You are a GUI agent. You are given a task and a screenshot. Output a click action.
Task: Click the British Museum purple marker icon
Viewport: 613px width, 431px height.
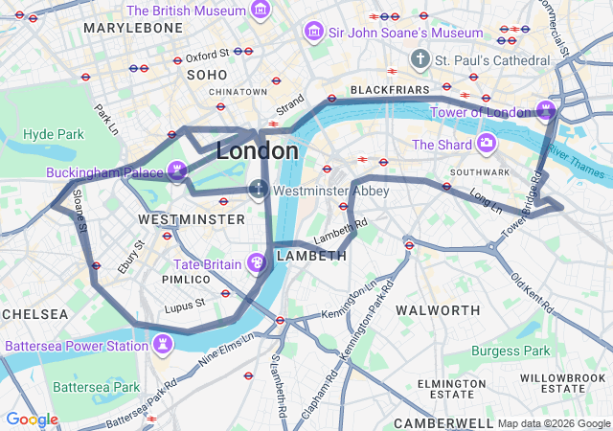[x=260, y=11]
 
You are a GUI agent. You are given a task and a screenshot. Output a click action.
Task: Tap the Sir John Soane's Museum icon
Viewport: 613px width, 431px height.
[x=312, y=33]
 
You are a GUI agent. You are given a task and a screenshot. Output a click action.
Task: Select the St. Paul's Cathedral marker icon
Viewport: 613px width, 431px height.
[x=420, y=60]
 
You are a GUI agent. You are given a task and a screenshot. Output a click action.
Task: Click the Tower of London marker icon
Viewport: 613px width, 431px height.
[x=546, y=111]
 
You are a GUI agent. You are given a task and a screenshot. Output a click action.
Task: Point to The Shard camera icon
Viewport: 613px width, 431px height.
[x=487, y=145]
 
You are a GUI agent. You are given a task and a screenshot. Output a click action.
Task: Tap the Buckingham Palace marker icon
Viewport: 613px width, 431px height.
[x=177, y=172]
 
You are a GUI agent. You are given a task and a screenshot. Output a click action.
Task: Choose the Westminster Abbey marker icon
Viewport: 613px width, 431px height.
[x=259, y=190]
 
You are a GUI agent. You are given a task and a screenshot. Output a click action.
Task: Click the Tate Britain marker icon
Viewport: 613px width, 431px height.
[x=256, y=262]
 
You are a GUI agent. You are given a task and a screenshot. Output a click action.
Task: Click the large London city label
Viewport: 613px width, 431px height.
[x=257, y=151]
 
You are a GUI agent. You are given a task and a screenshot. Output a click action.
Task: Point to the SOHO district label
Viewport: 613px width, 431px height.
[x=207, y=75]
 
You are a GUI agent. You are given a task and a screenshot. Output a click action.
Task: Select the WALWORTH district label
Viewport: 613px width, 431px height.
[x=438, y=310]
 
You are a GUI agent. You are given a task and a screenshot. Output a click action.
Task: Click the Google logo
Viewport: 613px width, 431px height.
[x=32, y=420]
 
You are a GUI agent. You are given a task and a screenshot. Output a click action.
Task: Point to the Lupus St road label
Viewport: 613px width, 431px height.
[x=185, y=304]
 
